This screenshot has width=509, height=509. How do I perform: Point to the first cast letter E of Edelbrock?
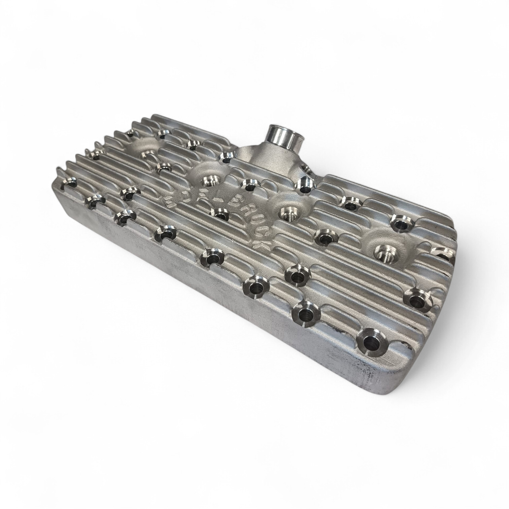coord(167,201)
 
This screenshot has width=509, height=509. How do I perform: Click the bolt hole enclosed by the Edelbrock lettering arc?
coord(219,214)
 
